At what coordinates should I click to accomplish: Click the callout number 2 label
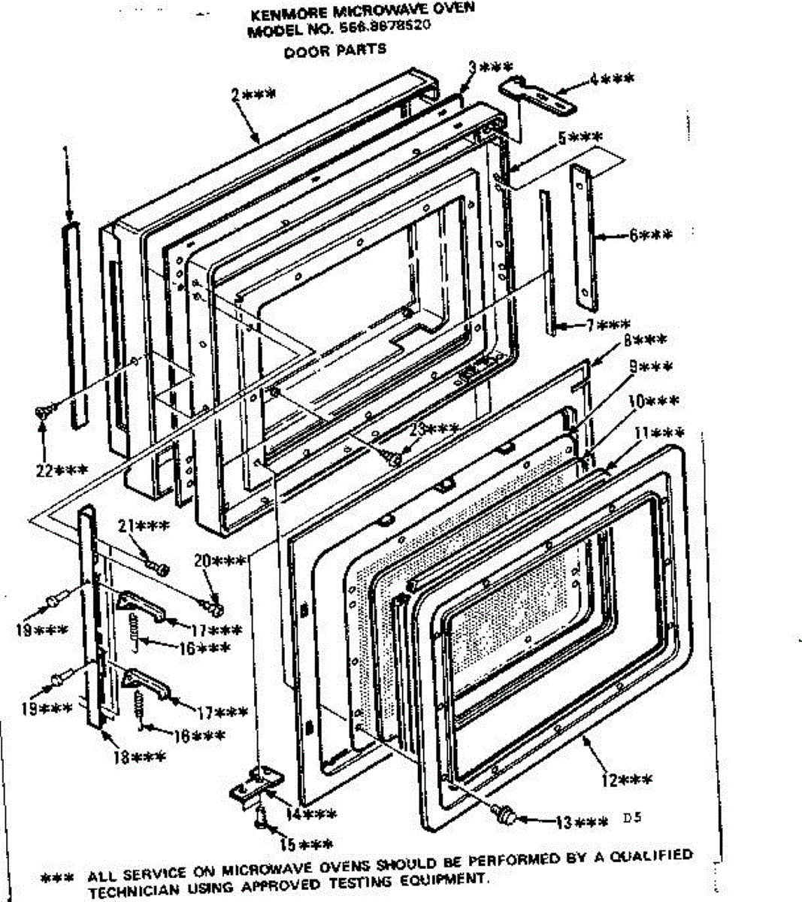pos(253,95)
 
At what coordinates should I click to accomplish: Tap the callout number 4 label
pos(611,78)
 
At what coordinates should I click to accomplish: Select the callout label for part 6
pos(651,235)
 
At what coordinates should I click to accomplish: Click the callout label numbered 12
pos(626,780)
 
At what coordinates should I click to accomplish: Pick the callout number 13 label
pos(580,822)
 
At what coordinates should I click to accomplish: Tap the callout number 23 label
pos(434,429)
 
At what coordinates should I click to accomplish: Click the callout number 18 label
pos(139,758)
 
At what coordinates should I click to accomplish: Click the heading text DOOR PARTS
pos(335,51)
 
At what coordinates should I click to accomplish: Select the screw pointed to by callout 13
pos(505,813)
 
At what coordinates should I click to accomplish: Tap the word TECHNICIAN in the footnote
pos(127,892)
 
